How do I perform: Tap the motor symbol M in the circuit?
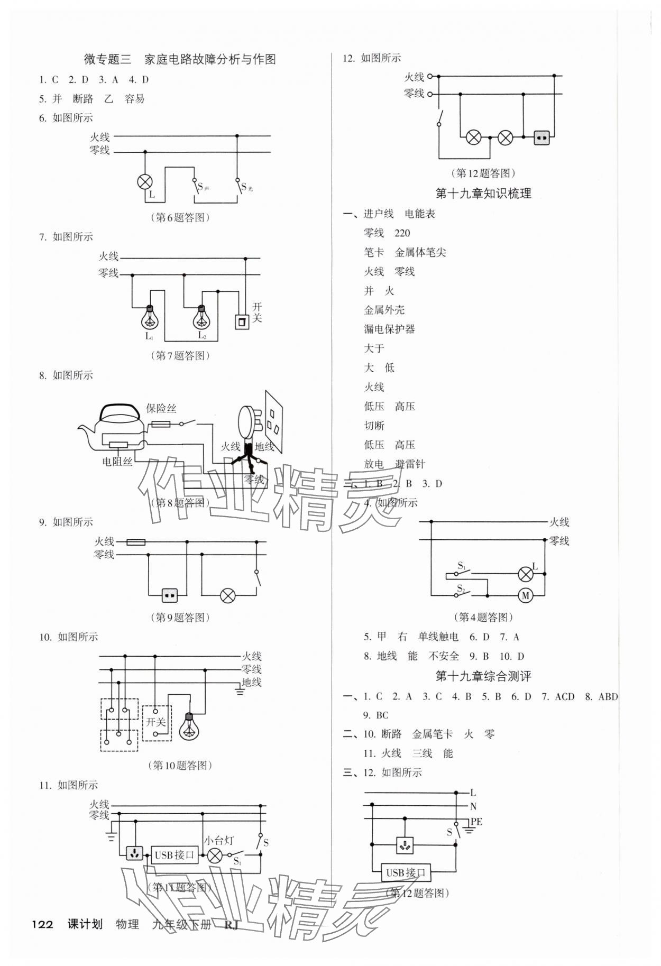point(525,596)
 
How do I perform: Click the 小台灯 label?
point(218,840)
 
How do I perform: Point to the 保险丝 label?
point(161,408)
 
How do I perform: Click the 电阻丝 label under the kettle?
point(117,462)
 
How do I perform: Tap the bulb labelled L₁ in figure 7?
point(150,317)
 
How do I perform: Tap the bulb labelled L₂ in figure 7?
point(201,317)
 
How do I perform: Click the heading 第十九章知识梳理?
point(483,194)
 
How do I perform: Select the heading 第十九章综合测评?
point(483,676)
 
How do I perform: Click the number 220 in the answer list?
point(402,233)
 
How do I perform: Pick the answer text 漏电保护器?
point(389,329)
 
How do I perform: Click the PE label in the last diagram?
point(476,822)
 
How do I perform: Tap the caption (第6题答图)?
point(180,217)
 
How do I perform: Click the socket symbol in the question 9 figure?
point(169,596)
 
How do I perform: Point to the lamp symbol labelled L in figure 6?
point(144,182)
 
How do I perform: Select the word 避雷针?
point(410,464)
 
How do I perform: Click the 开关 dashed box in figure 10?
point(157,722)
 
